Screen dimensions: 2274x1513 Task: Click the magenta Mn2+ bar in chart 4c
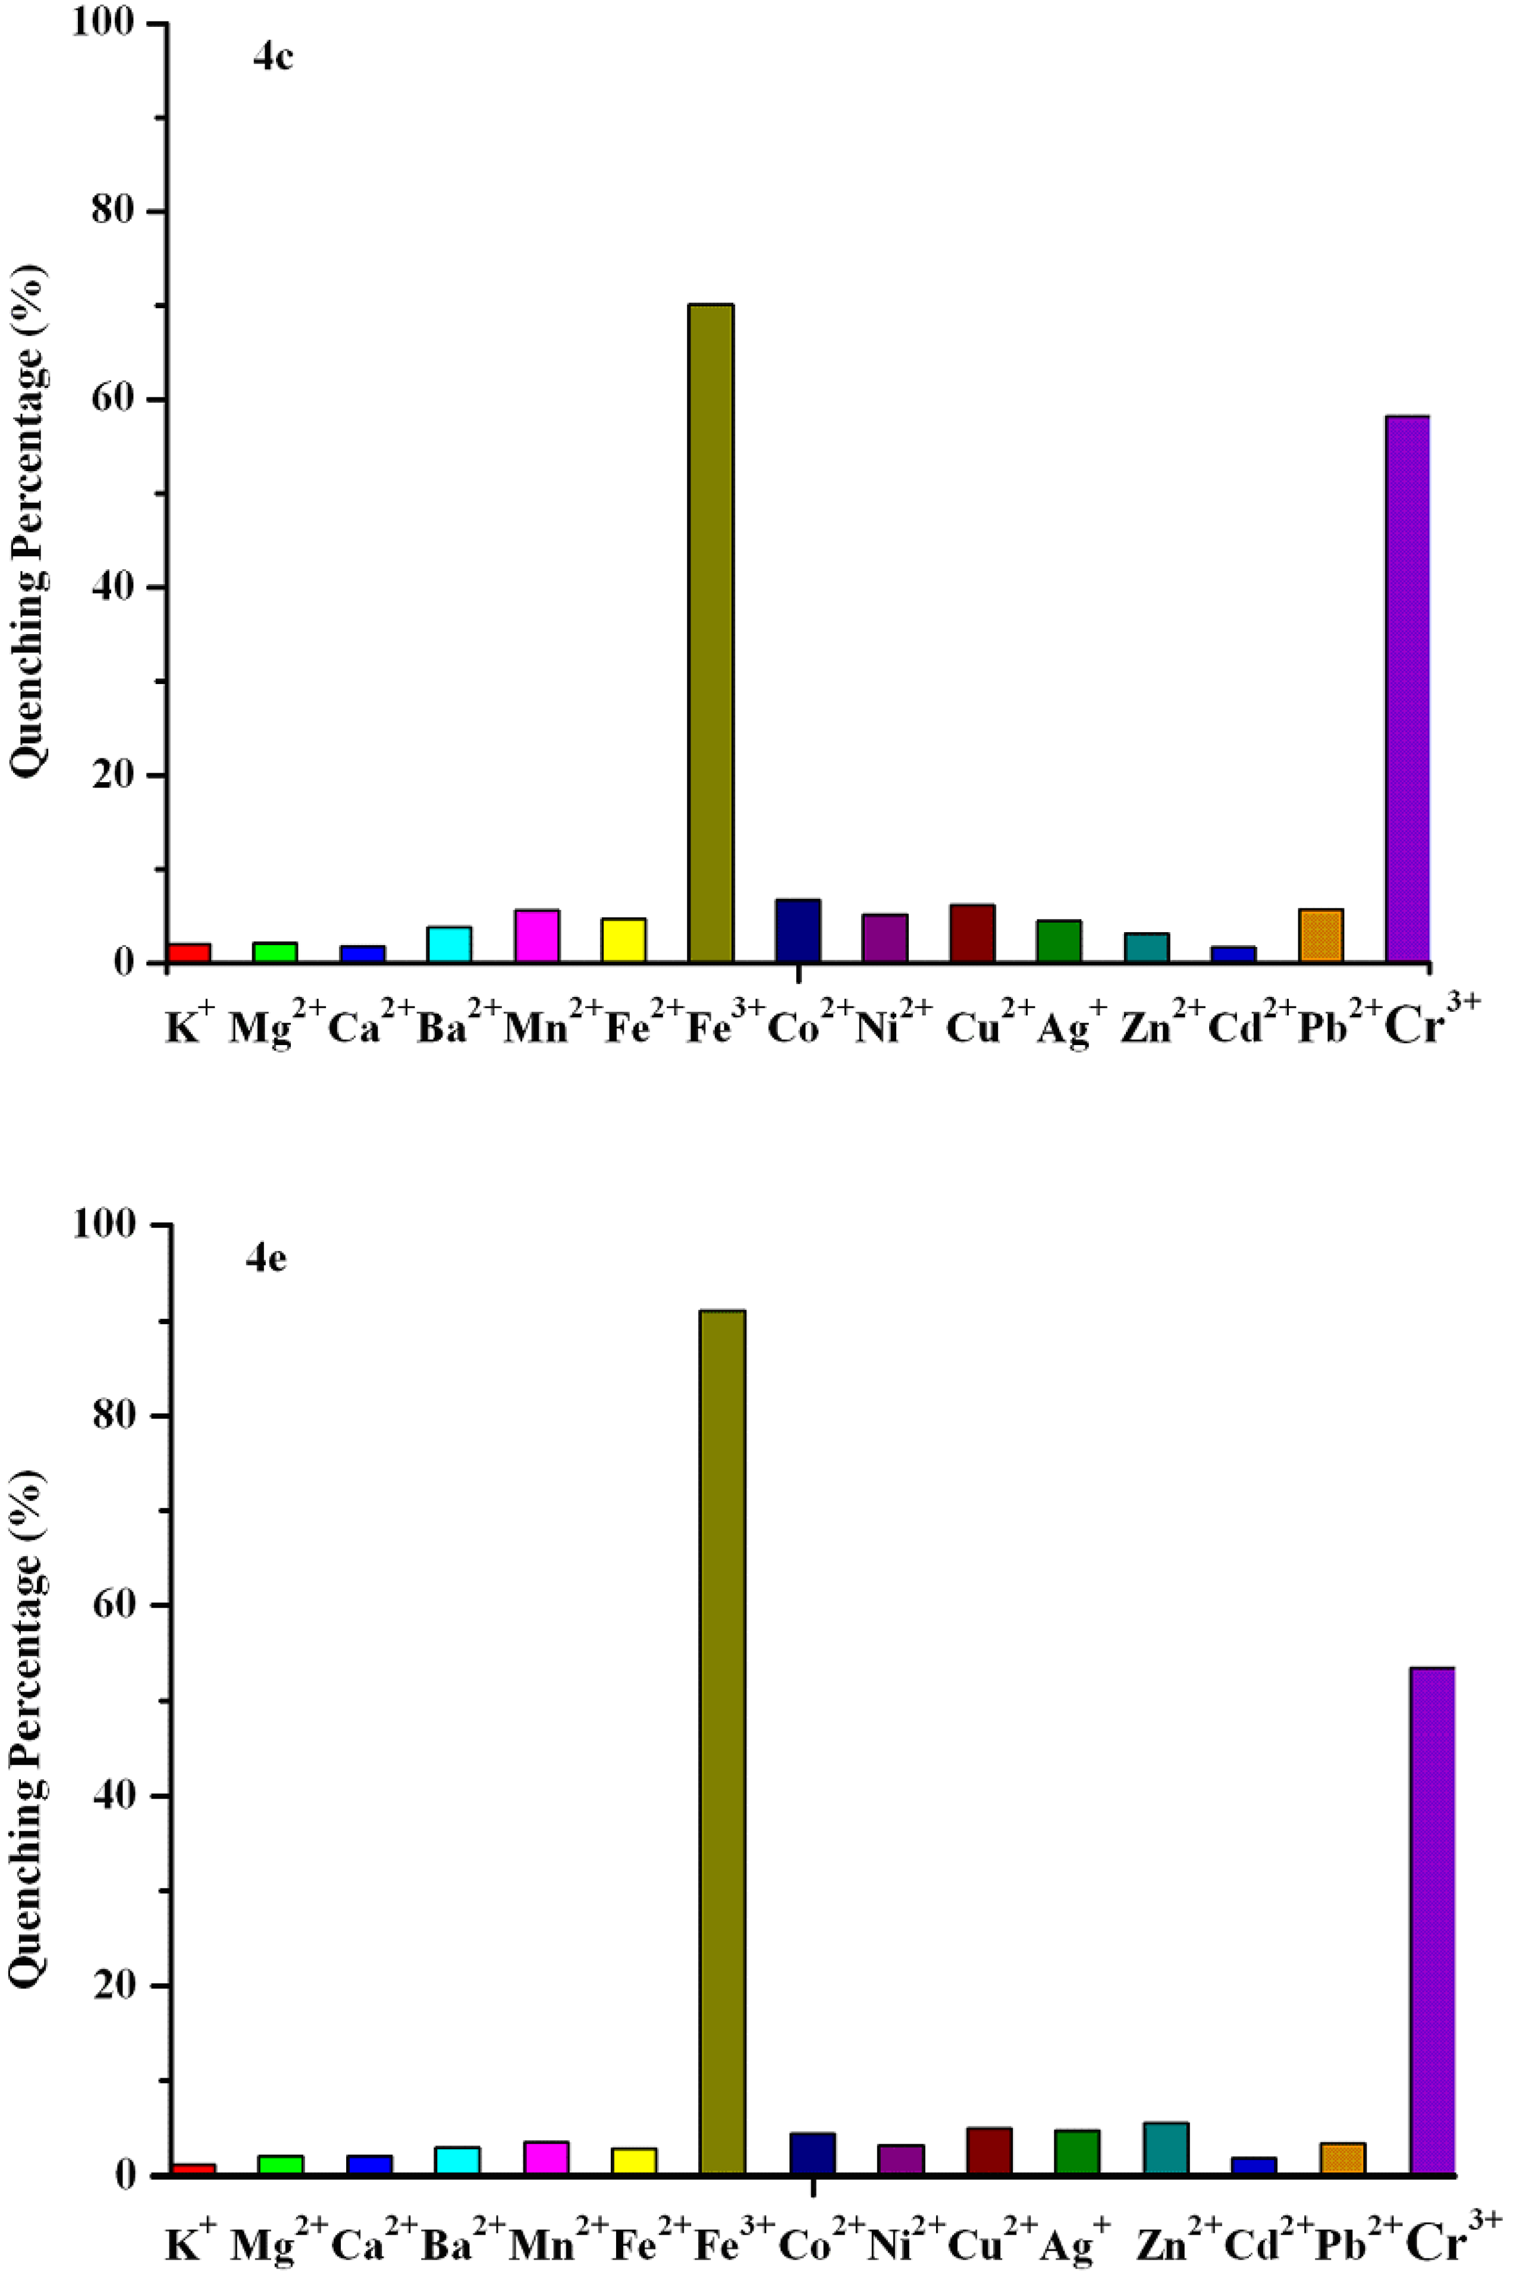[536, 936]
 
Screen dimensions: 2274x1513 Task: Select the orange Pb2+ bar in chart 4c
[1321, 936]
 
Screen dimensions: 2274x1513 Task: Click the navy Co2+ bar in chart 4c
[798, 931]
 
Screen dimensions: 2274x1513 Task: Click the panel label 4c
[273, 58]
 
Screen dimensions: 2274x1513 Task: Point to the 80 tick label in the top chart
[113, 211]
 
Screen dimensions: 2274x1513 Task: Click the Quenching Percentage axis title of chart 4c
[29, 521]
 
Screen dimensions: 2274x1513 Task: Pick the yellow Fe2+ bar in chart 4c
[623, 940]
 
